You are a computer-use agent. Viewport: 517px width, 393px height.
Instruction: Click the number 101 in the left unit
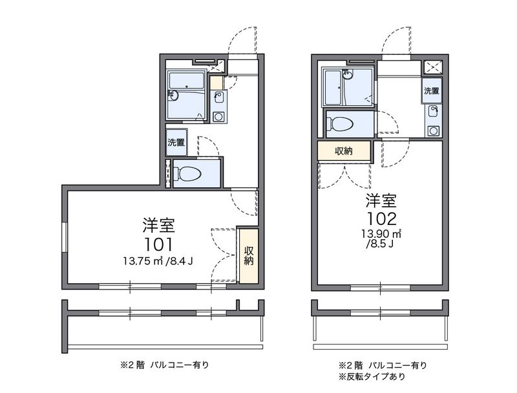pyautogui.click(x=158, y=244)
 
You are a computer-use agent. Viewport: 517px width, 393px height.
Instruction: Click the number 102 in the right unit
pyautogui.click(x=381, y=218)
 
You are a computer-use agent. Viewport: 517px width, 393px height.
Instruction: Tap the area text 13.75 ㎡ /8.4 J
pyautogui.click(x=158, y=261)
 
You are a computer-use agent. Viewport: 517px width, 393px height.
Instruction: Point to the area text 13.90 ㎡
pyautogui.click(x=381, y=234)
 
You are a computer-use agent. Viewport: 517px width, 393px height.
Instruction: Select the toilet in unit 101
pyautogui.click(x=187, y=173)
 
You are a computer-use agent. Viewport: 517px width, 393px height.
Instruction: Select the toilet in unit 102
pyautogui.click(x=340, y=124)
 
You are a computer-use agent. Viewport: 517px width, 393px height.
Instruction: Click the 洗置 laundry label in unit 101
pyautogui.click(x=176, y=142)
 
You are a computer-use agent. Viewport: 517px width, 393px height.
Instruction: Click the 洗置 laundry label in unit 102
pyautogui.click(x=432, y=90)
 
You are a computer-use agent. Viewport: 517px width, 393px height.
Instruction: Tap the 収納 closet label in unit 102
pyautogui.click(x=344, y=151)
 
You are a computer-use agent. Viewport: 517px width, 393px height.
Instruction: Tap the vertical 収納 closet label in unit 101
pyautogui.click(x=249, y=256)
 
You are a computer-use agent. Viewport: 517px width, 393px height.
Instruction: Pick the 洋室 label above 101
pyautogui.click(x=158, y=226)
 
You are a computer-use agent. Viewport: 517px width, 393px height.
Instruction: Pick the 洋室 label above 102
pyautogui.click(x=381, y=200)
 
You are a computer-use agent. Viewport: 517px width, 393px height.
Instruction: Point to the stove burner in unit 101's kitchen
pyautogui.click(x=218, y=117)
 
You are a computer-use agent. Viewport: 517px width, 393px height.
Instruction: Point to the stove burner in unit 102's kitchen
pyautogui.click(x=433, y=131)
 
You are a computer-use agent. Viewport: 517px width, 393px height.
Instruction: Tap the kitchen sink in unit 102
pyautogui.click(x=434, y=111)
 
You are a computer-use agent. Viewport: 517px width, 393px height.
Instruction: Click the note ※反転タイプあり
pyautogui.click(x=372, y=376)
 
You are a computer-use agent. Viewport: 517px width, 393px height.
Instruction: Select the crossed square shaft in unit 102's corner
pyautogui.click(x=432, y=67)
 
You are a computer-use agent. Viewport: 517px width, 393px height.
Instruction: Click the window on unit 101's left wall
pyautogui.click(x=65, y=237)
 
